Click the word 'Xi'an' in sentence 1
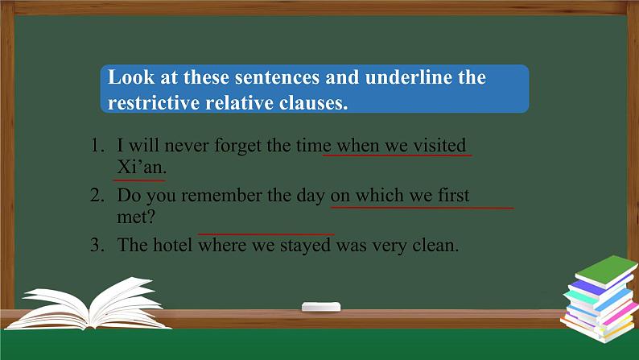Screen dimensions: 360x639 (x=141, y=168)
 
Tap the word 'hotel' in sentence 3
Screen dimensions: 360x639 (x=173, y=246)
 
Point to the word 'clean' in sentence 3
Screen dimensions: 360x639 (x=435, y=246)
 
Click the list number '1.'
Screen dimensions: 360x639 (x=97, y=147)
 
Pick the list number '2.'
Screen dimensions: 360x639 (x=97, y=196)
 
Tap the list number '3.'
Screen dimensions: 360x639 (x=97, y=246)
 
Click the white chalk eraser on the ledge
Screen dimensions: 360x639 (x=320, y=306)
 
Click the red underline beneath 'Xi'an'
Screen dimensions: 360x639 (x=139, y=180)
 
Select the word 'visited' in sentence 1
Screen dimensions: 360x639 (x=439, y=146)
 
